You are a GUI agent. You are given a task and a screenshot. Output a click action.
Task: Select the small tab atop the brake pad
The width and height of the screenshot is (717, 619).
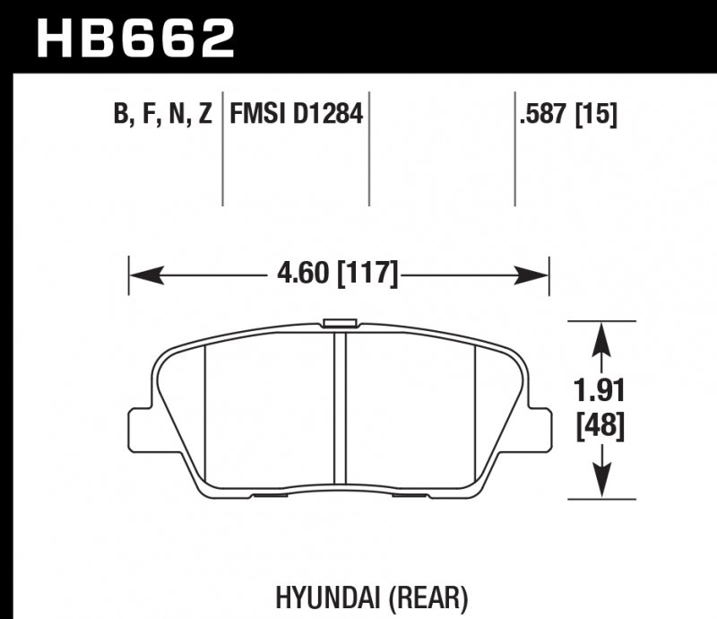(339, 323)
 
